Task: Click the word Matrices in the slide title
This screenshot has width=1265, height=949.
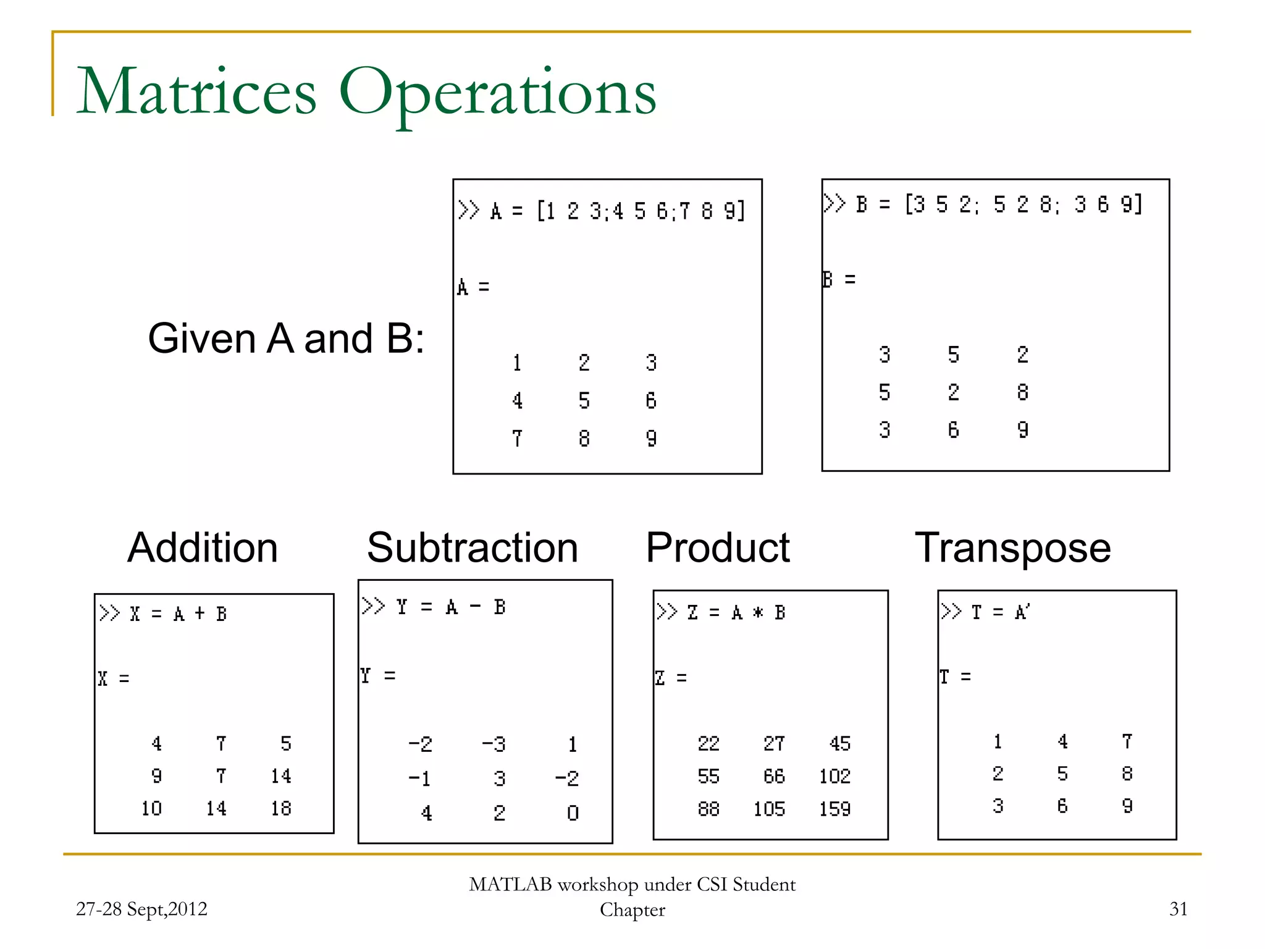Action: tap(196, 93)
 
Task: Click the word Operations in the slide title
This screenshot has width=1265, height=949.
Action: tap(497, 93)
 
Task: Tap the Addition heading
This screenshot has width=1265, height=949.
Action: tap(203, 547)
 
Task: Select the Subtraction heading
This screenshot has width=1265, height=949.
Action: tap(473, 547)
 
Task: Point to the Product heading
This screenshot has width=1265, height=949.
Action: tap(718, 547)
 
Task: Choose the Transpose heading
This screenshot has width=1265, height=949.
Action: tap(1013, 547)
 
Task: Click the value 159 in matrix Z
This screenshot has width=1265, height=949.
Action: tap(834, 809)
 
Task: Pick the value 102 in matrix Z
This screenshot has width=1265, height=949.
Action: tap(834, 776)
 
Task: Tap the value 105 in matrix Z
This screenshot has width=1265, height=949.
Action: tap(769, 809)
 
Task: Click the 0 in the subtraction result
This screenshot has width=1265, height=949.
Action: tap(573, 813)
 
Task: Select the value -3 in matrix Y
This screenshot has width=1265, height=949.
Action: tap(494, 744)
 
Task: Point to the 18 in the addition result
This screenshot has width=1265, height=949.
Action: tap(281, 808)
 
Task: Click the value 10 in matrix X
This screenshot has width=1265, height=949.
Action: tap(151, 808)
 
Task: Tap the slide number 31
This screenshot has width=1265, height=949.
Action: tap(1178, 909)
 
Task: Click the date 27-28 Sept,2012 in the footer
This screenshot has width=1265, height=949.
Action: tap(141, 909)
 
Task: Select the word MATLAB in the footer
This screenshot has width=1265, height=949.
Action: tap(510, 885)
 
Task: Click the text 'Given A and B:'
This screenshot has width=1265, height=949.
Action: tap(287, 339)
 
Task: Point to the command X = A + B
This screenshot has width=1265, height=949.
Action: tap(178, 614)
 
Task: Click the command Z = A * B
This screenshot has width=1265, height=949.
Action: tap(736, 613)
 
